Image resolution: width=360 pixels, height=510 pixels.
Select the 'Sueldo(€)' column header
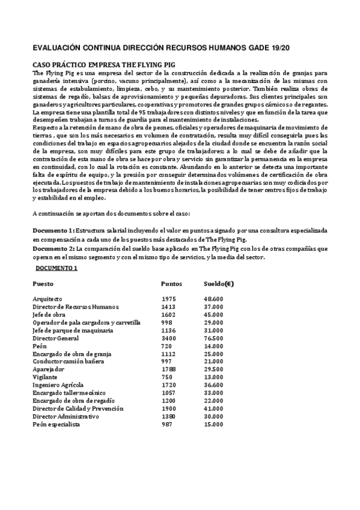(x=219, y=283)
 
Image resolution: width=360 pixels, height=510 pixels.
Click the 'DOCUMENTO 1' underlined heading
(x=56, y=268)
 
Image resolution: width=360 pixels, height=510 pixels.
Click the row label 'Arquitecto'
(x=47, y=299)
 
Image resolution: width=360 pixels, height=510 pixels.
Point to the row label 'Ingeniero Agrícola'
(x=58, y=385)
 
